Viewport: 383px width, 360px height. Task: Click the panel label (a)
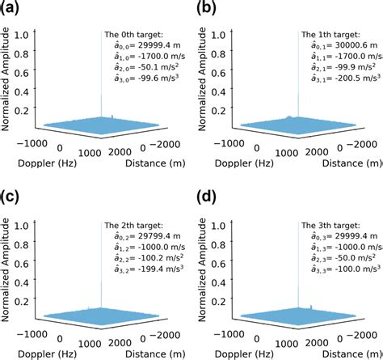pyautogui.click(x=11, y=9)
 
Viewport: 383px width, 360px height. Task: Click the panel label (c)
pyautogui.click(x=11, y=195)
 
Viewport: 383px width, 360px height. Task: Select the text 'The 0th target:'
pyautogui.click(x=133, y=34)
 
